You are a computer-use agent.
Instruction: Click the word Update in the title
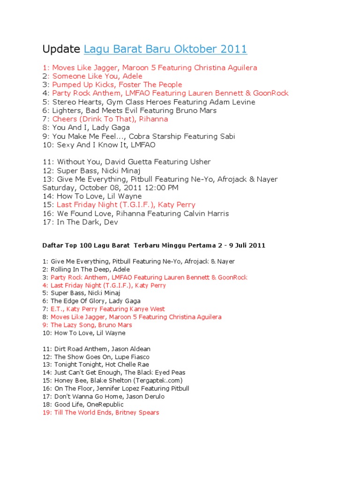(61, 49)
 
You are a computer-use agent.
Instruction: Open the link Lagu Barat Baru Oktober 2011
(165, 49)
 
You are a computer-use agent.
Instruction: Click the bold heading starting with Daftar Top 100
(154, 245)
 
